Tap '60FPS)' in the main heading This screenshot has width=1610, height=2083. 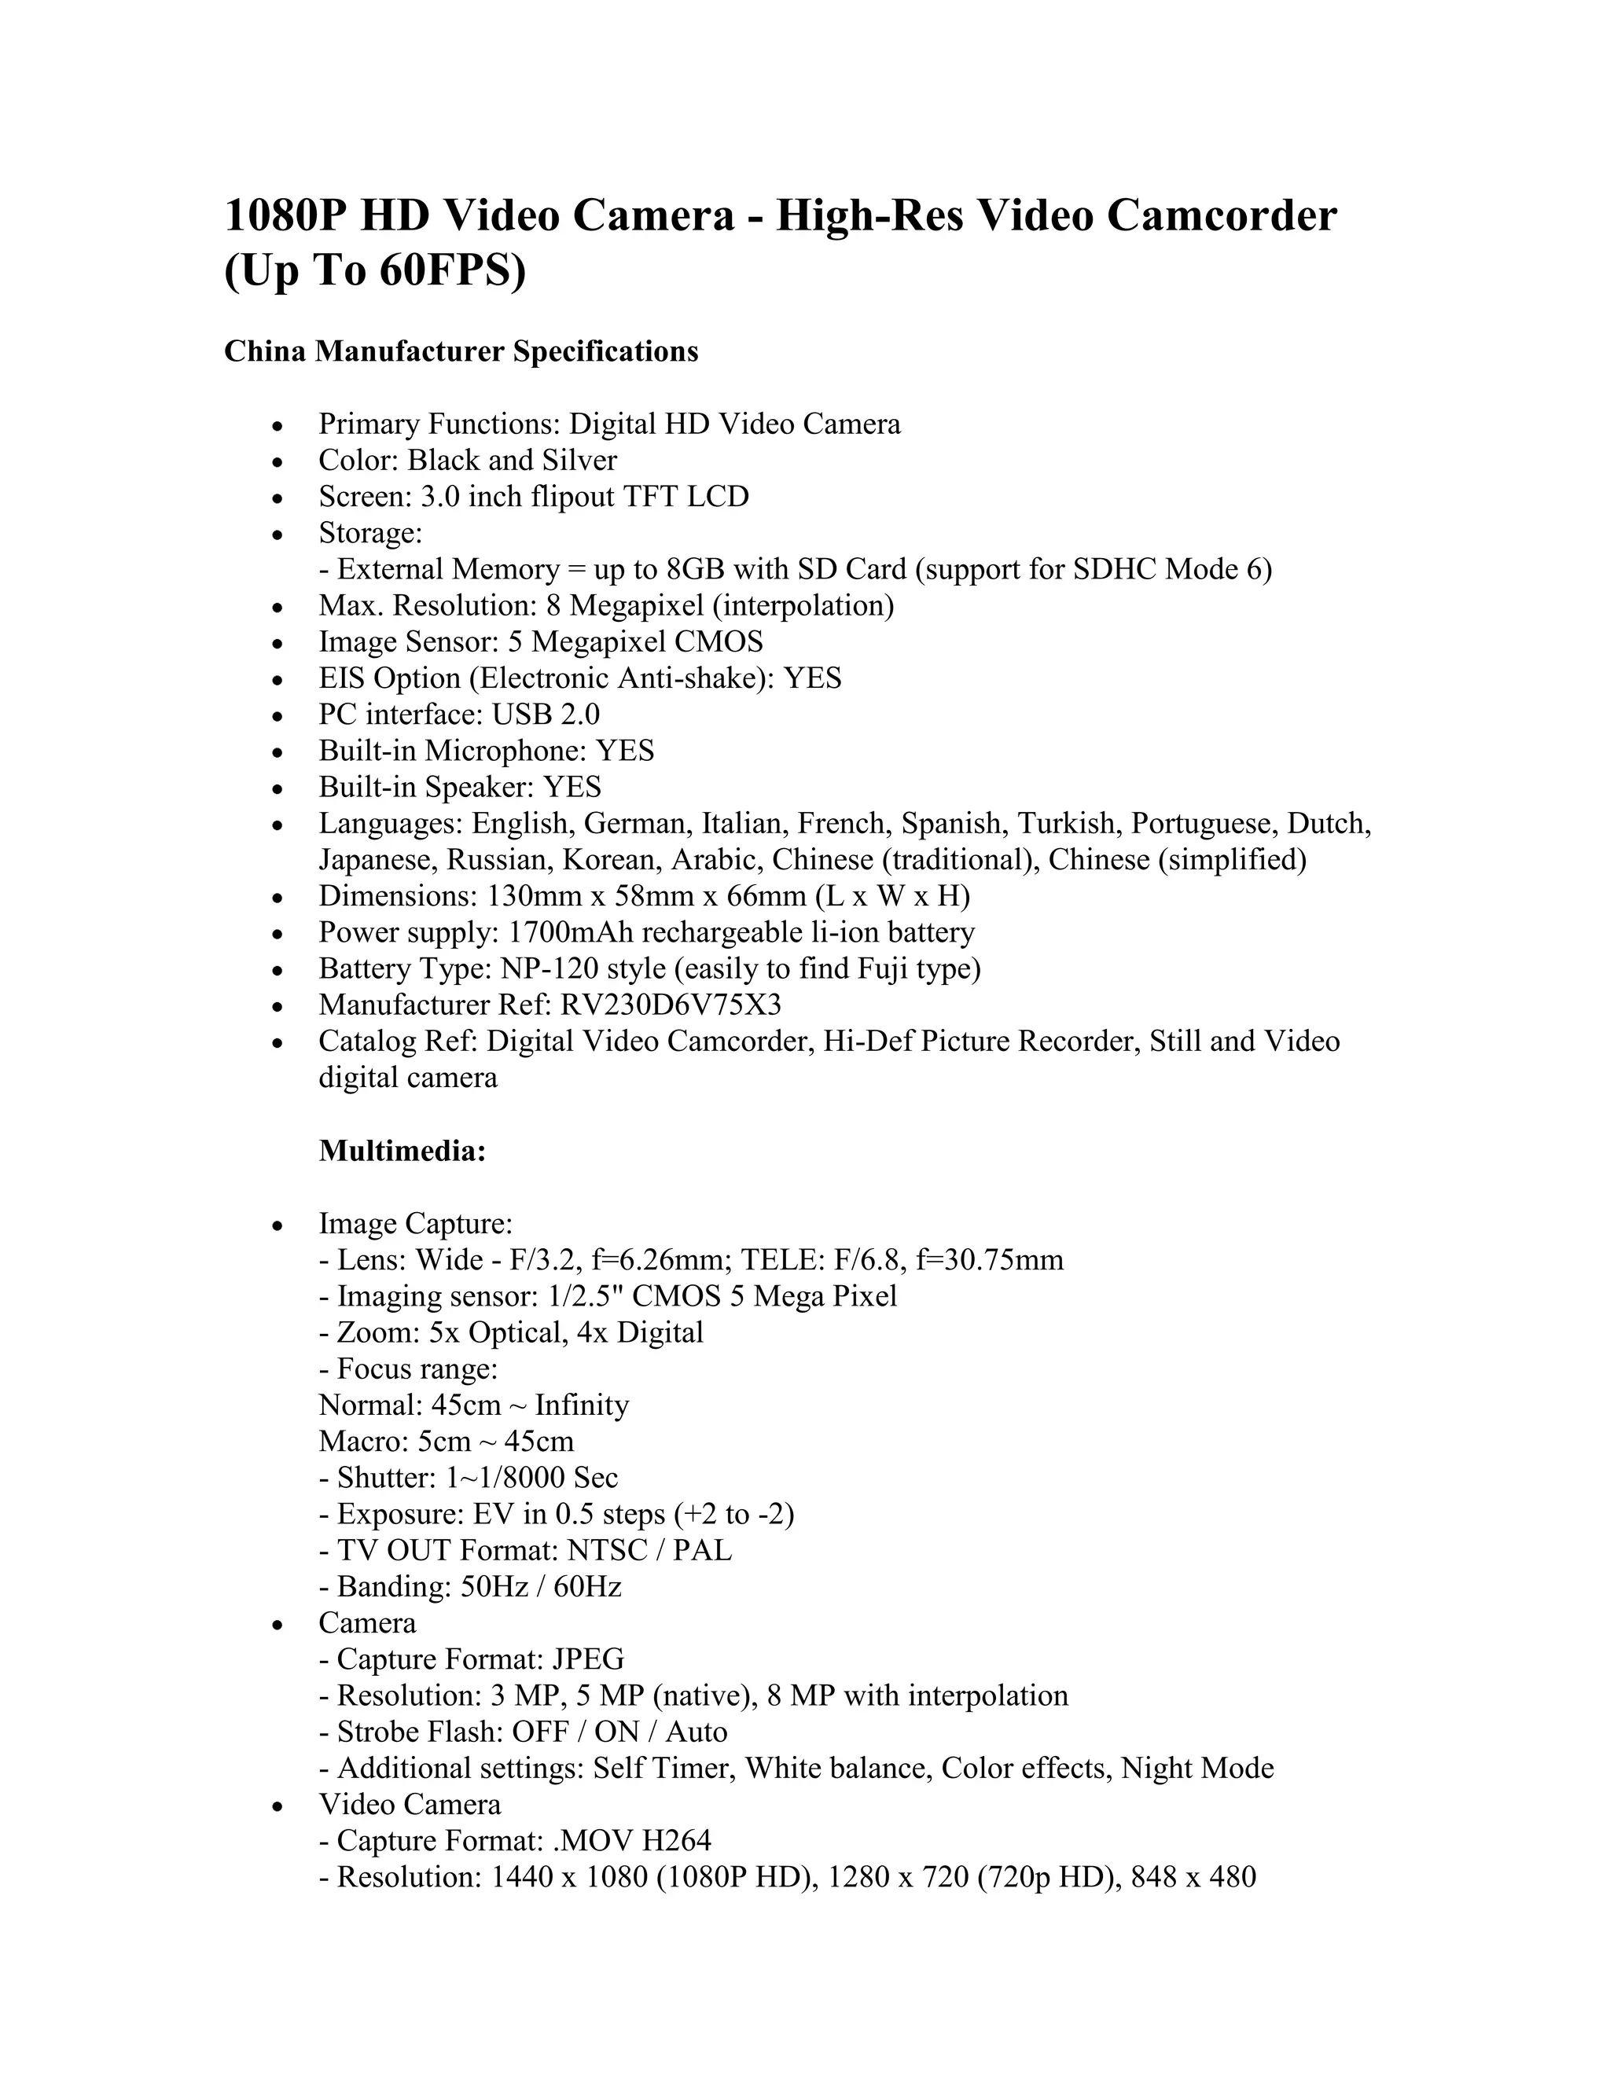[x=452, y=272]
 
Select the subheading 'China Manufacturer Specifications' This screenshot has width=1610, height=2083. [x=461, y=352]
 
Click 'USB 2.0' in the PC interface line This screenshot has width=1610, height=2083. [x=546, y=715]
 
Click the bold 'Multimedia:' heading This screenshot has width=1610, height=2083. [x=402, y=1152]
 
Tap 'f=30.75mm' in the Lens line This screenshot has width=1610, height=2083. [x=989, y=1260]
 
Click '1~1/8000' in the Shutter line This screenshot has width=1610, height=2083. [x=505, y=1478]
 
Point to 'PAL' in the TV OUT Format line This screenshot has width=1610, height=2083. [x=702, y=1550]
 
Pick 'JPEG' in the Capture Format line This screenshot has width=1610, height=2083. [x=589, y=1659]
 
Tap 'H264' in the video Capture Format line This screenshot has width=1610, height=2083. [x=676, y=1840]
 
